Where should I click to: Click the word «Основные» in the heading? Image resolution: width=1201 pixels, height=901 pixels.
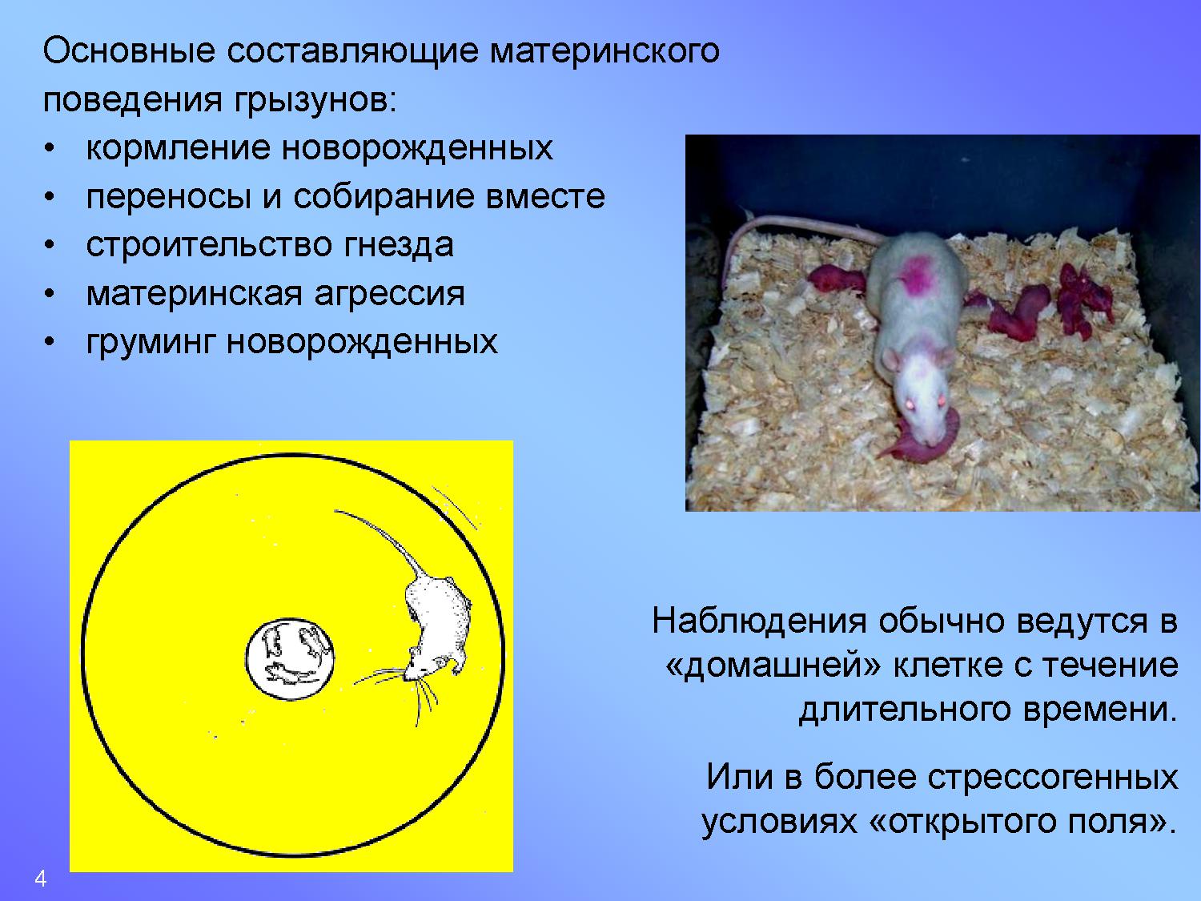(129, 51)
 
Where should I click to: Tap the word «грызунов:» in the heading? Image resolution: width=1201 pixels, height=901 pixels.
(315, 101)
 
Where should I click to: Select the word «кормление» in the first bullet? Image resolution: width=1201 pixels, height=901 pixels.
(178, 148)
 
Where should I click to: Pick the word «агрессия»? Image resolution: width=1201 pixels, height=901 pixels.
(389, 294)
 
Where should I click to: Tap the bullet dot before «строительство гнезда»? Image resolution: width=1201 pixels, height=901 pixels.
(50, 246)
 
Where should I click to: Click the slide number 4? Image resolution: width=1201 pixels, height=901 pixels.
(40, 879)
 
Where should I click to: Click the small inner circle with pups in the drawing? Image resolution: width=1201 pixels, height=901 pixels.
(290, 659)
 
